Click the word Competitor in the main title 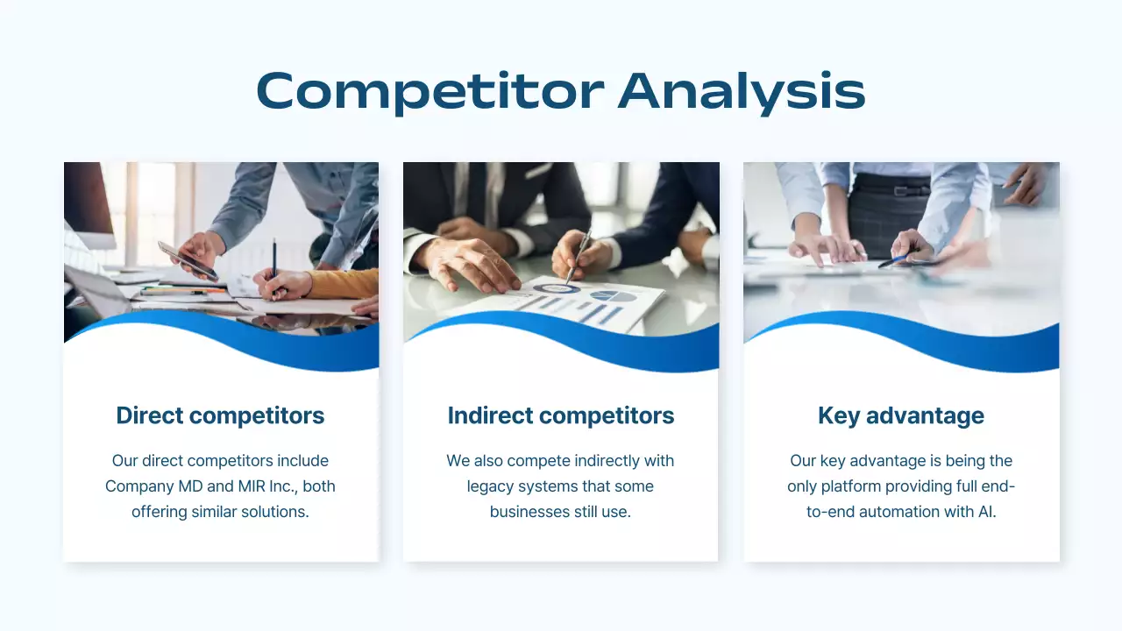pos(430,90)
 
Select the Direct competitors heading pos(220,415)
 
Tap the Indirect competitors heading pos(561,415)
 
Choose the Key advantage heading pos(900,415)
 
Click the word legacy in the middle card pos(492,486)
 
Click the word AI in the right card pos(986,512)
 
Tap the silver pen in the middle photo pos(578,255)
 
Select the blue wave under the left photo pos(263,342)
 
